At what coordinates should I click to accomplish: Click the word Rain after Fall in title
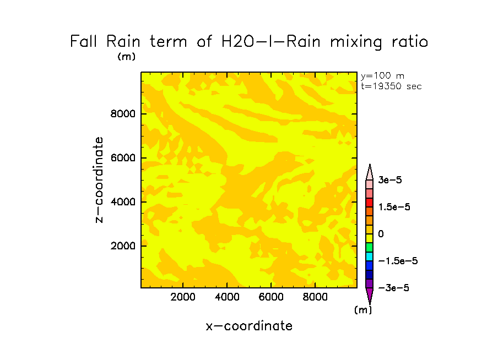tap(123, 42)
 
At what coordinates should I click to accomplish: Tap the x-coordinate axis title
tap(249, 326)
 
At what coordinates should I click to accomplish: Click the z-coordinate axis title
tap(99, 180)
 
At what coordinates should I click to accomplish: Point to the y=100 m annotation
tap(382, 76)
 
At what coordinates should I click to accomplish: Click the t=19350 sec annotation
tap(391, 86)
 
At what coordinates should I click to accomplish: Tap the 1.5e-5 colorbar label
tap(394, 207)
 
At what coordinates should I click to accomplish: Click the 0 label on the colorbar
tap(381, 234)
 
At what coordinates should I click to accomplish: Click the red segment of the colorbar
tap(370, 203)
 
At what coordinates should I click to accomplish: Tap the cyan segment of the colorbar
tap(370, 257)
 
